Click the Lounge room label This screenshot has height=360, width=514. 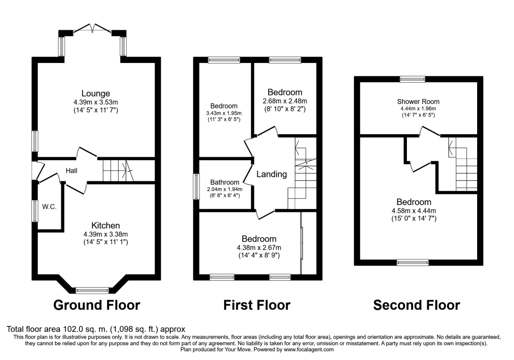pos(96,93)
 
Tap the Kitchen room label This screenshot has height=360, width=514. pos(105,225)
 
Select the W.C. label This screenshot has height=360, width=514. pos(49,207)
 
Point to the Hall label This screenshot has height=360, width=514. pos(72,171)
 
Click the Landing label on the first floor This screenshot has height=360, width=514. pos(272,174)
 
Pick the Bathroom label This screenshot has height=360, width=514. pos(224,182)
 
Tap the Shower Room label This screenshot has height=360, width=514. pos(418,102)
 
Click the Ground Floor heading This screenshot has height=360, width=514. pos(97,305)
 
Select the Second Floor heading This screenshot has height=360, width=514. pos(416,305)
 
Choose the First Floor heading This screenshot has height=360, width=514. pos(257,305)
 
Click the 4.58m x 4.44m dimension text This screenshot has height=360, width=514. pos(414,210)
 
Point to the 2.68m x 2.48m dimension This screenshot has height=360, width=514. pos(285,101)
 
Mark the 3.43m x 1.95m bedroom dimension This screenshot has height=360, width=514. pos(224,113)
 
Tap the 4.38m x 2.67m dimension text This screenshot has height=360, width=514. pos(259,248)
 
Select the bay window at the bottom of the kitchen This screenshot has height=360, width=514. pos(92,291)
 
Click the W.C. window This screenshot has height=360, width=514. pos(35,211)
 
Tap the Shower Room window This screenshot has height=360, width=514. pos(412,79)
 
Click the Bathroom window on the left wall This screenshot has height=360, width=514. pos(196,186)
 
